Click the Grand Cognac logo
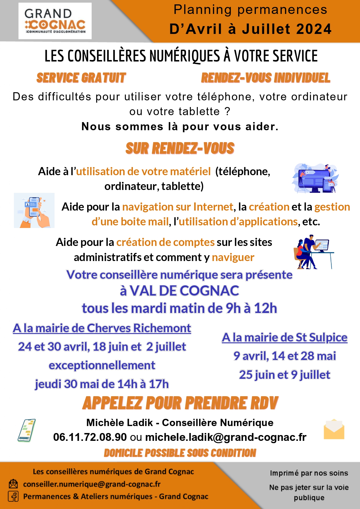click(x=55, y=21)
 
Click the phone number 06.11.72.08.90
click(x=90, y=437)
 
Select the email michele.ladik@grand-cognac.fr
click(x=226, y=437)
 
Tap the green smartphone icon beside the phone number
click(x=27, y=430)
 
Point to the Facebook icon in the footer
click(x=13, y=496)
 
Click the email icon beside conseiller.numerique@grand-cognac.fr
click(x=13, y=484)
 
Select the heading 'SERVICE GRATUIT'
click(x=81, y=78)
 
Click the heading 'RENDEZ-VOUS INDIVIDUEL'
click(x=266, y=78)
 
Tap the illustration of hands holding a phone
click(x=34, y=210)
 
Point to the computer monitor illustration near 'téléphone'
click(x=315, y=178)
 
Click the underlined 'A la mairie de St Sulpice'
click(x=285, y=337)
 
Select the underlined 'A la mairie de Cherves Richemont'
click(x=102, y=328)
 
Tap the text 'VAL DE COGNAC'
click(x=184, y=291)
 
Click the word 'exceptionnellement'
click(x=102, y=365)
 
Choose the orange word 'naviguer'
click(x=233, y=257)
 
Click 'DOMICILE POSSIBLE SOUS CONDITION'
click(x=180, y=453)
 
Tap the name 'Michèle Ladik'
click(x=120, y=423)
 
